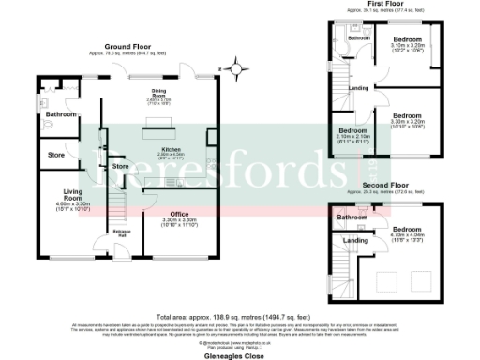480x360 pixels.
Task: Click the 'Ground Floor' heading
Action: pyautogui.click(x=129, y=46)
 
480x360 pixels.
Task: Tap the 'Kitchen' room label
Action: pyautogui.click(x=170, y=149)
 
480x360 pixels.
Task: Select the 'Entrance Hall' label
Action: pyautogui.click(x=121, y=232)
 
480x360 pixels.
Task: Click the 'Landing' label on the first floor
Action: pyautogui.click(x=358, y=88)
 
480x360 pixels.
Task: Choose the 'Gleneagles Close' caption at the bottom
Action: pyautogui.click(x=240, y=356)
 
